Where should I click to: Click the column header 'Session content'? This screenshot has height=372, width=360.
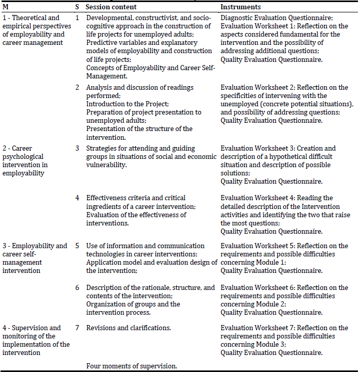(x=112, y=7)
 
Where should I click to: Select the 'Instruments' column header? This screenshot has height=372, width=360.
(x=240, y=7)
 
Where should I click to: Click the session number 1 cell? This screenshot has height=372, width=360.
(x=77, y=18)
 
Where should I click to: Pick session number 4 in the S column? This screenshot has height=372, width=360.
(x=77, y=198)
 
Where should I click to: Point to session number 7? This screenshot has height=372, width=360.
(x=77, y=328)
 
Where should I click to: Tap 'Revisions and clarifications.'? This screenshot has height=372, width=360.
(x=129, y=328)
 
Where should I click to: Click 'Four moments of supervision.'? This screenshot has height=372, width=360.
(x=132, y=366)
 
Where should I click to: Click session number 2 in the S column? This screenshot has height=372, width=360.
(x=77, y=87)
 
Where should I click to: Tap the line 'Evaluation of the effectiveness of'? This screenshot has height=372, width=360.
(x=136, y=215)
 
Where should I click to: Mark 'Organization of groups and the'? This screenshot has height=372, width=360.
(x=133, y=304)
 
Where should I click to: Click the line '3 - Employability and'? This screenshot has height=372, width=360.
(x=35, y=246)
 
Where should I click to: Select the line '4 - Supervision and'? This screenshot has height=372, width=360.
(x=32, y=328)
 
